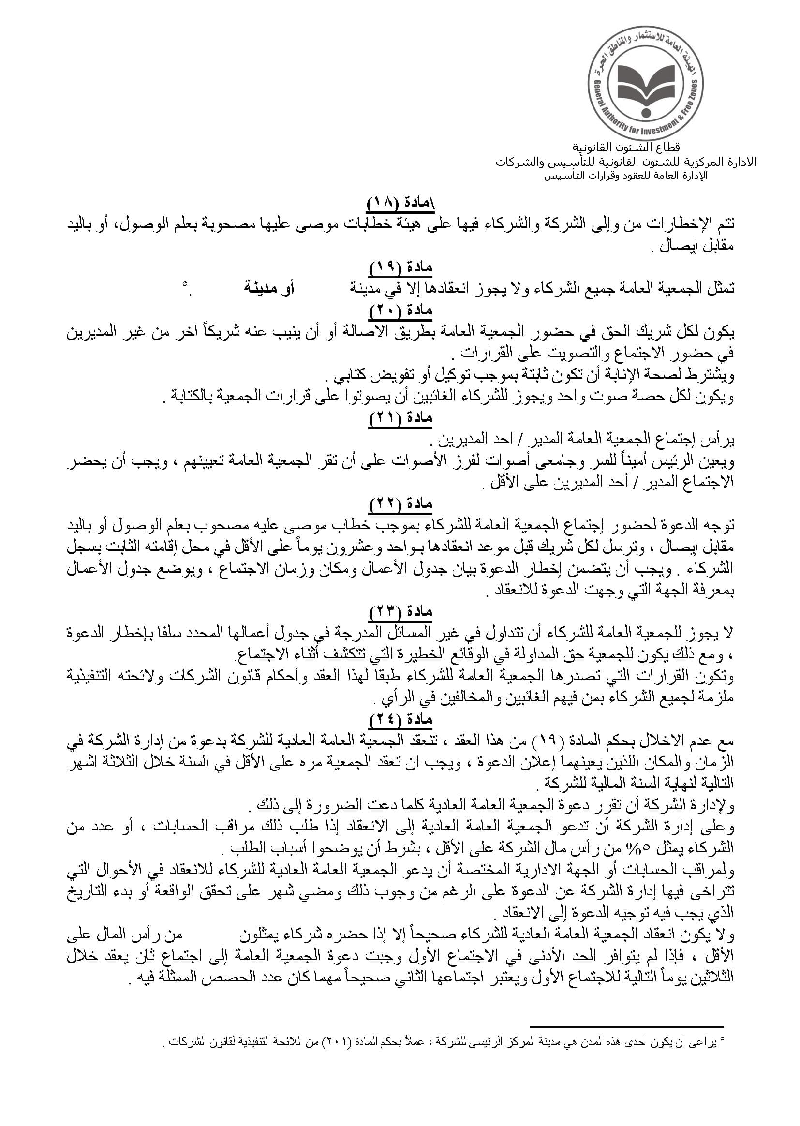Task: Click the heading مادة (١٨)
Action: (400, 203)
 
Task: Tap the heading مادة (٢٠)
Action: (400, 311)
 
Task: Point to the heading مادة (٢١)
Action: (400, 418)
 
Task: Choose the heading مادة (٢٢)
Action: (400, 504)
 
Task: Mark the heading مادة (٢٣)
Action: (400, 611)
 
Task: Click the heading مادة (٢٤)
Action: (400, 720)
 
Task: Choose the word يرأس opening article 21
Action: (721, 439)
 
